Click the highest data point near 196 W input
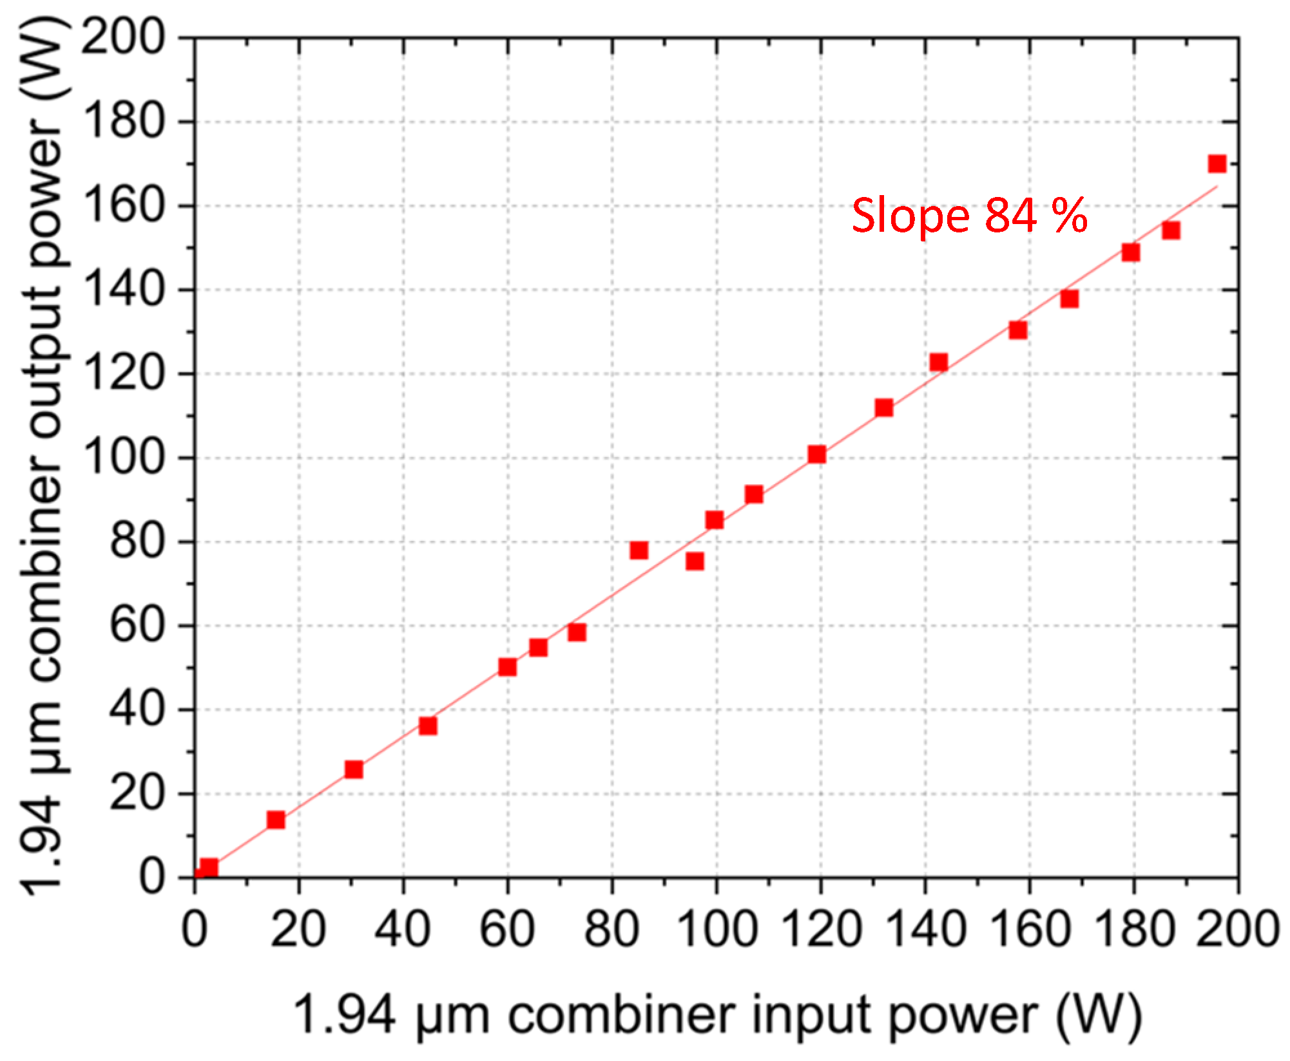pos(1217,164)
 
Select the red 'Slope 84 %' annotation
pos(969,216)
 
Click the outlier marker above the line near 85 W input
pos(639,550)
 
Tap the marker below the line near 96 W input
pos(695,561)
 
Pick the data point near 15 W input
pos(276,820)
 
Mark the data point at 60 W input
pos(508,666)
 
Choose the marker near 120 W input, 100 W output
pos(817,455)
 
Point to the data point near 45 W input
pos(428,726)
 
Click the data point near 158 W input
pos(1018,330)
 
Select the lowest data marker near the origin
pos(208,867)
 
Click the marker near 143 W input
pos(939,362)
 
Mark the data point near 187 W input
pos(1171,230)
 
